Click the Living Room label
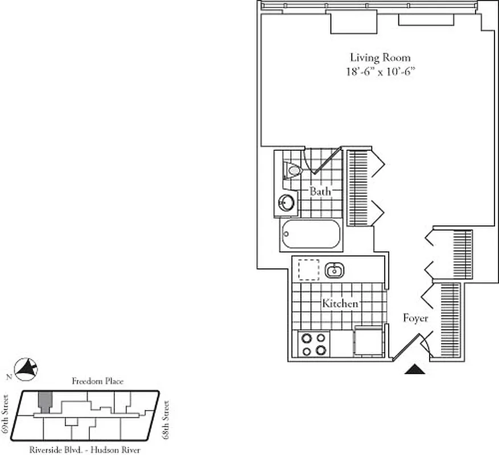click(x=380, y=58)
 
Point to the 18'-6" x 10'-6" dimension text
click(x=380, y=72)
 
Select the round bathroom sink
click(x=286, y=202)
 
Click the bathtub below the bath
click(x=310, y=236)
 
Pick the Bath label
click(x=320, y=192)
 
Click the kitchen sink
click(x=334, y=271)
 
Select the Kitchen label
click(x=340, y=303)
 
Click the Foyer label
click(x=415, y=318)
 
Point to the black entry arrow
click(x=415, y=370)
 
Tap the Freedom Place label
click(x=97, y=382)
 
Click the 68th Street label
click(x=167, y=419)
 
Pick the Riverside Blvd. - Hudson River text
click(x=85, y=450)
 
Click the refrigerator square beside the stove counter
click(x=367, y=341)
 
